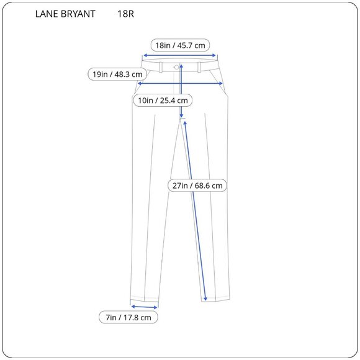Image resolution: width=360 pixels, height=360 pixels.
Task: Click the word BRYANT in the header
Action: [78, 14]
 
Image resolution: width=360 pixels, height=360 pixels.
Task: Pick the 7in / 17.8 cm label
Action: [128, 317]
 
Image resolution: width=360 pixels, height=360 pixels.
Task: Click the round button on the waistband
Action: [177, 66]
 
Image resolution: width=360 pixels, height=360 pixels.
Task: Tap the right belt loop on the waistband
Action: [200, 66]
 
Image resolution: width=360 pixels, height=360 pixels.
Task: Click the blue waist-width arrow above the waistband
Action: [180, 55]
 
